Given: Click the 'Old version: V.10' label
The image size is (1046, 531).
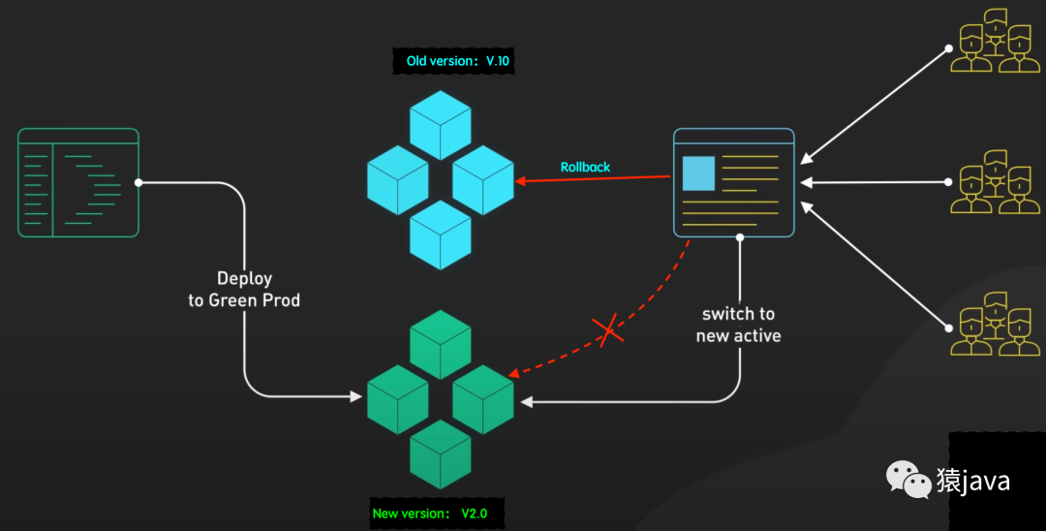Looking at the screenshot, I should [457, 61].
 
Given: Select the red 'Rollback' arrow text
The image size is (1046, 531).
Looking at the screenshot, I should [585, 167].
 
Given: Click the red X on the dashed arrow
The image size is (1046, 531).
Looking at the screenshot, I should [609, 331].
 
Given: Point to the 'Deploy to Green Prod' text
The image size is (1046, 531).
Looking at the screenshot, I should [244, 289].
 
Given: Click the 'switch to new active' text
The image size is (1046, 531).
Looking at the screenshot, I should [738, 325].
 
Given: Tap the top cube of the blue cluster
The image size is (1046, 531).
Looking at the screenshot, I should [441, 125].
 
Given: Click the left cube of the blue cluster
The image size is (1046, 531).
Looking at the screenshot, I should [397, 179].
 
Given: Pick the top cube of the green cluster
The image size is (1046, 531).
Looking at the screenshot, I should [441, 344].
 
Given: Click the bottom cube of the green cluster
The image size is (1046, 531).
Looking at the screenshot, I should [441, 453].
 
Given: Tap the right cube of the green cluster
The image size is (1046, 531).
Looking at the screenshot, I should [483, 399].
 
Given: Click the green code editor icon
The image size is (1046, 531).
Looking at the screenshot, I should [78, 182].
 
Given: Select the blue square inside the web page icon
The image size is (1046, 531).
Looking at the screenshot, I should [698, 172].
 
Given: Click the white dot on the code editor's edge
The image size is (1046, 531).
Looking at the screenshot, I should [138, 182].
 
